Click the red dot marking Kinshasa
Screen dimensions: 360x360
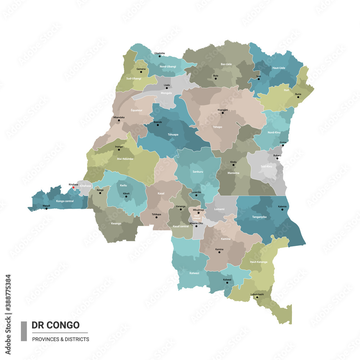point(73,187)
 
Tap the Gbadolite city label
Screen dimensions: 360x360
point(159,53)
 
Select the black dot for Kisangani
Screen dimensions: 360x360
point(222,113)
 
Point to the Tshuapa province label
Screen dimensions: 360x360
point(173,134)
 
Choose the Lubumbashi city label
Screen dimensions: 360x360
point(257,294)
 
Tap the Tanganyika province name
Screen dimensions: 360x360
point(259,217)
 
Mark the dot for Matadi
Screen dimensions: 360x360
point(46,208)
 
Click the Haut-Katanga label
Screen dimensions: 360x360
point(259,262)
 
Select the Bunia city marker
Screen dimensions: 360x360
point(298,97)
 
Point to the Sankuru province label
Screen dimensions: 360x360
point(198,172)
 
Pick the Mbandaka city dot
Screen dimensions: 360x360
point(119,120)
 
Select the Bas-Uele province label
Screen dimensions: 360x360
point(226,64)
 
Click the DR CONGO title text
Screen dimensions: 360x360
point(55,325)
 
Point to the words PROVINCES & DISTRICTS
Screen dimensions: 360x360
point(60,339)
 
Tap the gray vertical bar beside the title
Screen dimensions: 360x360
point(24,331)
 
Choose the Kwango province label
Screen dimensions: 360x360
point(116,223)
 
